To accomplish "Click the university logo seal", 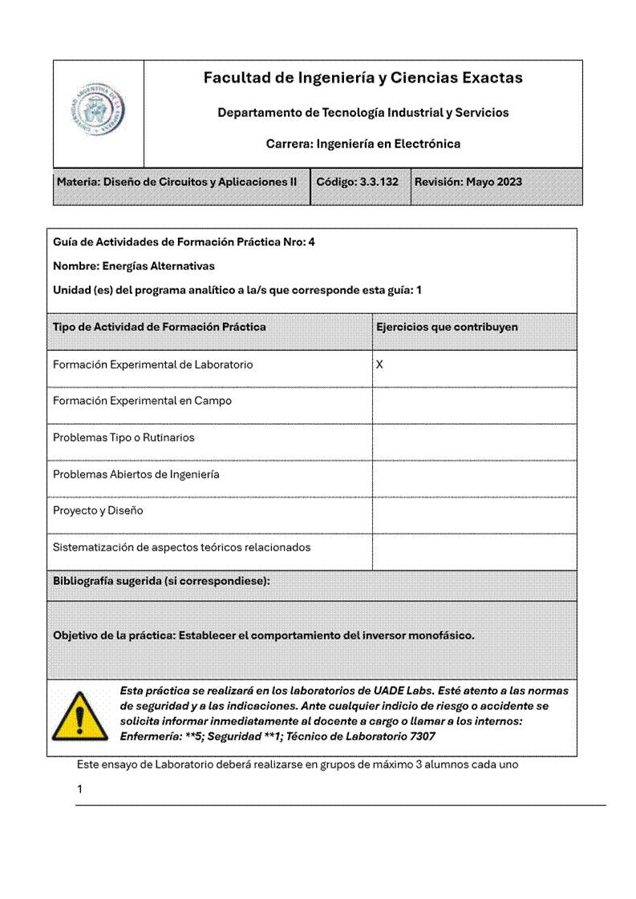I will click(x=98, y=113).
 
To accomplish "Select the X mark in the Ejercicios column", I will click(x=380, y=365).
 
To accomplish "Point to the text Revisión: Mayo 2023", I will click(x=468, y=182).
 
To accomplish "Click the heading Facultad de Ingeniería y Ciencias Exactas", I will click(x=363, y=78).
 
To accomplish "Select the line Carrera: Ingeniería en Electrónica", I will click(x=363, y=144).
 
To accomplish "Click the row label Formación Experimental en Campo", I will click(x=142, y=401).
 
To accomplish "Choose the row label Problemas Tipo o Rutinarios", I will click(x=124, y=437).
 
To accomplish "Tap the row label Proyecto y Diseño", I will click(x=98, y=510).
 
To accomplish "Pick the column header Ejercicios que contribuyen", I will click(x=447, y=327).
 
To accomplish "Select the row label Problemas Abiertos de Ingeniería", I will click(x=136, y=474).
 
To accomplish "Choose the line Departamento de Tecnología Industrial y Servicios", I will click(x=363, y=113).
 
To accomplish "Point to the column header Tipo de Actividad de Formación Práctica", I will click(x=160, y=327).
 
